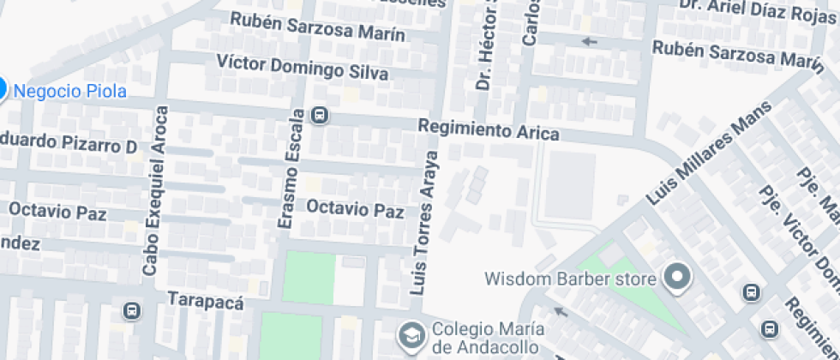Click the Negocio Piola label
tap(71, 91)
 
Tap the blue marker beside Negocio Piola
tap(2, 88)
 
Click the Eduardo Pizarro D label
tap(68, 144)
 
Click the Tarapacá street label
tap(207, 302)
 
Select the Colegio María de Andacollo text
tap(484, 338)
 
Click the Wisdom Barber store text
tap(571, 279)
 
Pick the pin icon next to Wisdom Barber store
tap(678, 277)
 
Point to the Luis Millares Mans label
tap(709, 153)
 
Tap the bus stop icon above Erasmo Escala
tap(320, 114)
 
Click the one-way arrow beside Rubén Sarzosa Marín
tap(588, 40)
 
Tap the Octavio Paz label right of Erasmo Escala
tap(355, 208)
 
